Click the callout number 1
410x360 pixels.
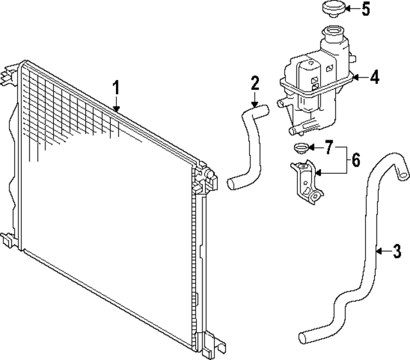point(117,87)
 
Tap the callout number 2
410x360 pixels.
point(255,83)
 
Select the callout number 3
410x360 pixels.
point(397,250)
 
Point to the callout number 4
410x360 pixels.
point(375,78)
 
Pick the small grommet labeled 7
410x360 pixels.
point(299,150)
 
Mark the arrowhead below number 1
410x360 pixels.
point(117,110)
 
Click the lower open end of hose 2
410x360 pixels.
point(233,184)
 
